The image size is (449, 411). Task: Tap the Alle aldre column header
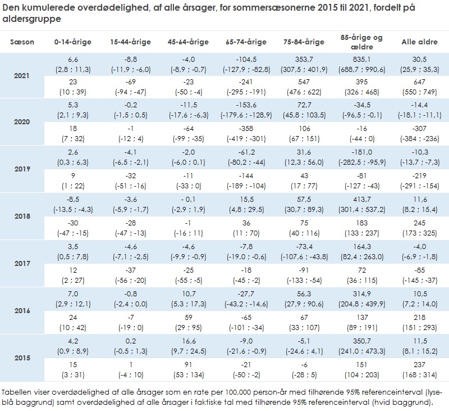419,42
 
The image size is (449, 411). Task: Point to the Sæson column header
22,42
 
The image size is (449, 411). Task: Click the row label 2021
22,75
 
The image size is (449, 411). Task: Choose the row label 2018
22,216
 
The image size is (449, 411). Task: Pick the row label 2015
22,358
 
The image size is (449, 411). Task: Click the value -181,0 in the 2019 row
361,152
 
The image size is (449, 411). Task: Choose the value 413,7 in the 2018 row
361,200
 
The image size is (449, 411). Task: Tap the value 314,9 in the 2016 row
361,293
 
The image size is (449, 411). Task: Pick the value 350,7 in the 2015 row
361,341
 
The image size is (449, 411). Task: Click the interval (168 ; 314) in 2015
419,374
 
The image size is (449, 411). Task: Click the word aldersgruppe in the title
32,19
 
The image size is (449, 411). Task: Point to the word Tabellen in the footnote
17,392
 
